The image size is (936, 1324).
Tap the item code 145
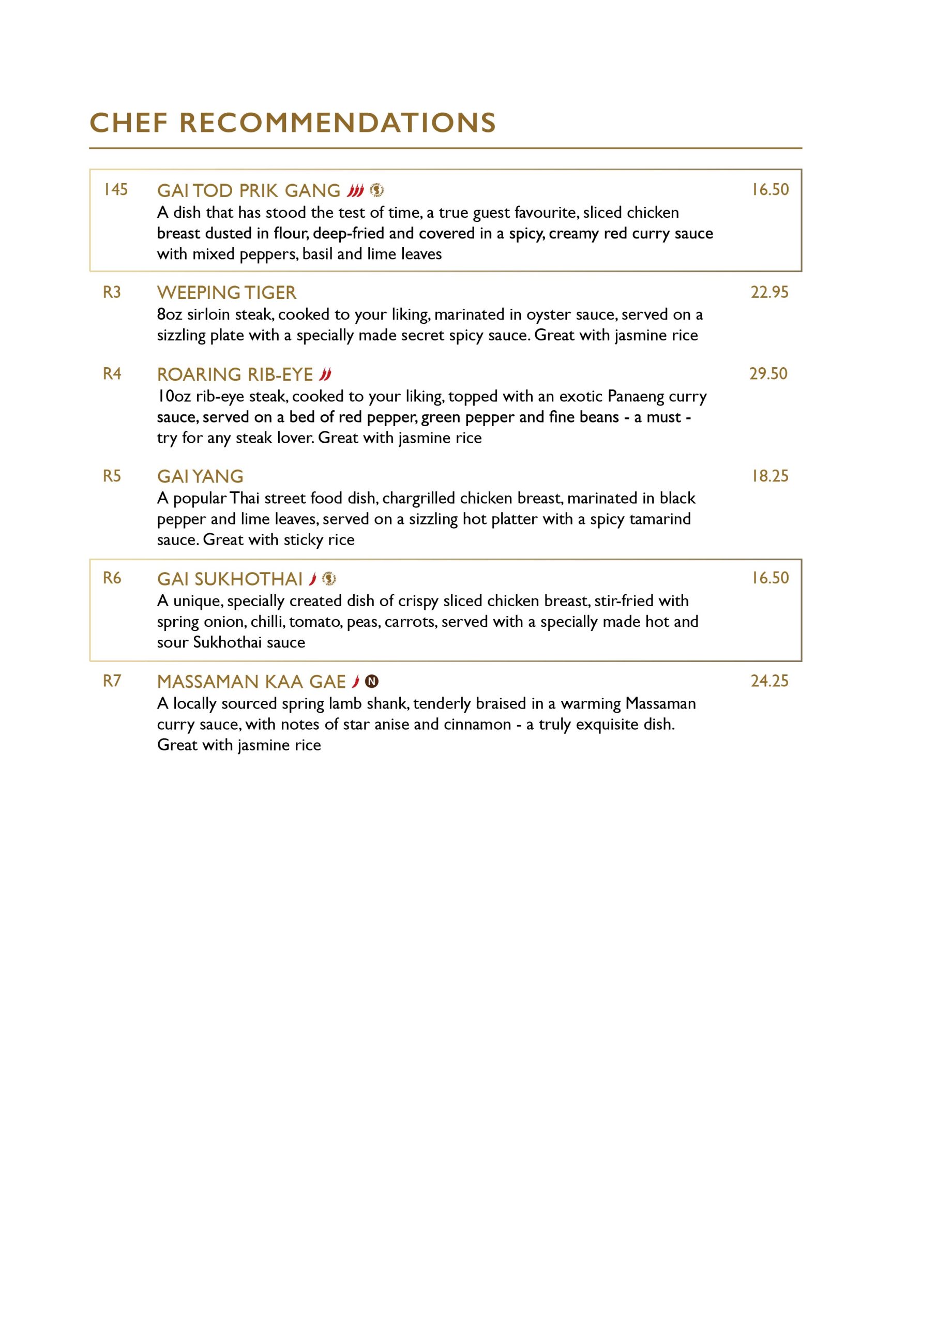tap(115, 190)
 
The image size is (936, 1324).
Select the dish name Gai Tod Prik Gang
tap(249, 191)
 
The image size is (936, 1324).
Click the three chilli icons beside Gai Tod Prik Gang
tap(355, 190)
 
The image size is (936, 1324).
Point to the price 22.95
tap(769, 292)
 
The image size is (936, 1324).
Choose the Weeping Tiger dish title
tap(226, 293)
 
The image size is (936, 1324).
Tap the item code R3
tap(112, 292)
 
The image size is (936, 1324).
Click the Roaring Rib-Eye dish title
tap(235, 375)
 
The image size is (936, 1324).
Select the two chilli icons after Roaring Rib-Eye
tap(325, 375)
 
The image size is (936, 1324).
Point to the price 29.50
tap(768, 374)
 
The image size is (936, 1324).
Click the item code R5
tap(112, 476)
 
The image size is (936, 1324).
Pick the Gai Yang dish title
tap(200, 477)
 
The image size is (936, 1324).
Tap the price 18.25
tap(769, 476)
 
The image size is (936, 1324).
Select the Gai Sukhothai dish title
tap(230, 579)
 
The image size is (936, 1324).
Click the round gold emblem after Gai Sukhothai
tap(329, 578)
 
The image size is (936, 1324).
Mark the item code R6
tap(112, 578)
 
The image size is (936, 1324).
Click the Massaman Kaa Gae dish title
tap(251, 682)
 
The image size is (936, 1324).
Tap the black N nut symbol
tap(372, 682)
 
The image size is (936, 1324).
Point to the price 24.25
tap(769, 681)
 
